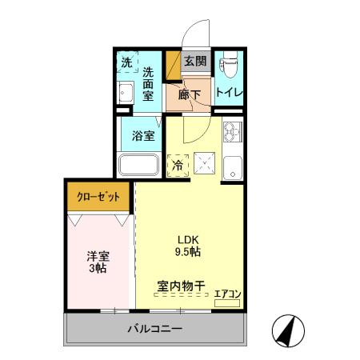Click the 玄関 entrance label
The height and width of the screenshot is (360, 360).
pos(194,61)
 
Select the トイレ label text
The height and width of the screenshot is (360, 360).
pos(230,92)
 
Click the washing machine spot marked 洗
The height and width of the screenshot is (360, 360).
pos(126,62)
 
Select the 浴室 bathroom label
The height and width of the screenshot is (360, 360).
pos(144,134)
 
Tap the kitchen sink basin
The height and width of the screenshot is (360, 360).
pos(232,168)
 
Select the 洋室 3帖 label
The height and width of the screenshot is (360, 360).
pos(98,262)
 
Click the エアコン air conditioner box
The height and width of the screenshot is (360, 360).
pos(228,298)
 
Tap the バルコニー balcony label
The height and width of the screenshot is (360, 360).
pos(154,329)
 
